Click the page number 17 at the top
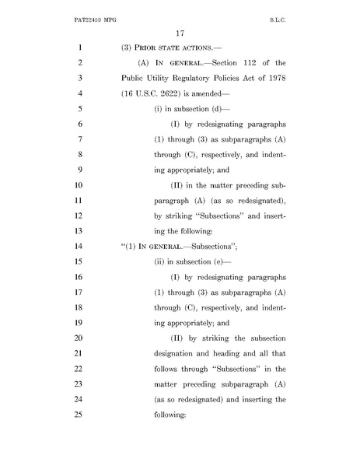(180, 33)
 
